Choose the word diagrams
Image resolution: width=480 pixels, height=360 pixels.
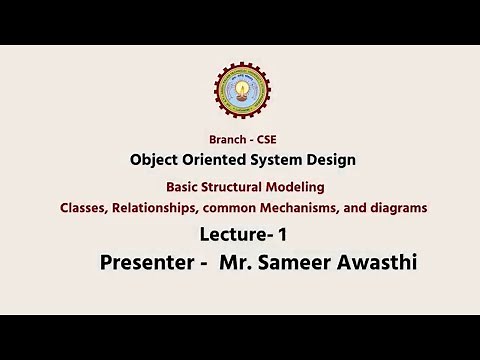click(x=398, y=207)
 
